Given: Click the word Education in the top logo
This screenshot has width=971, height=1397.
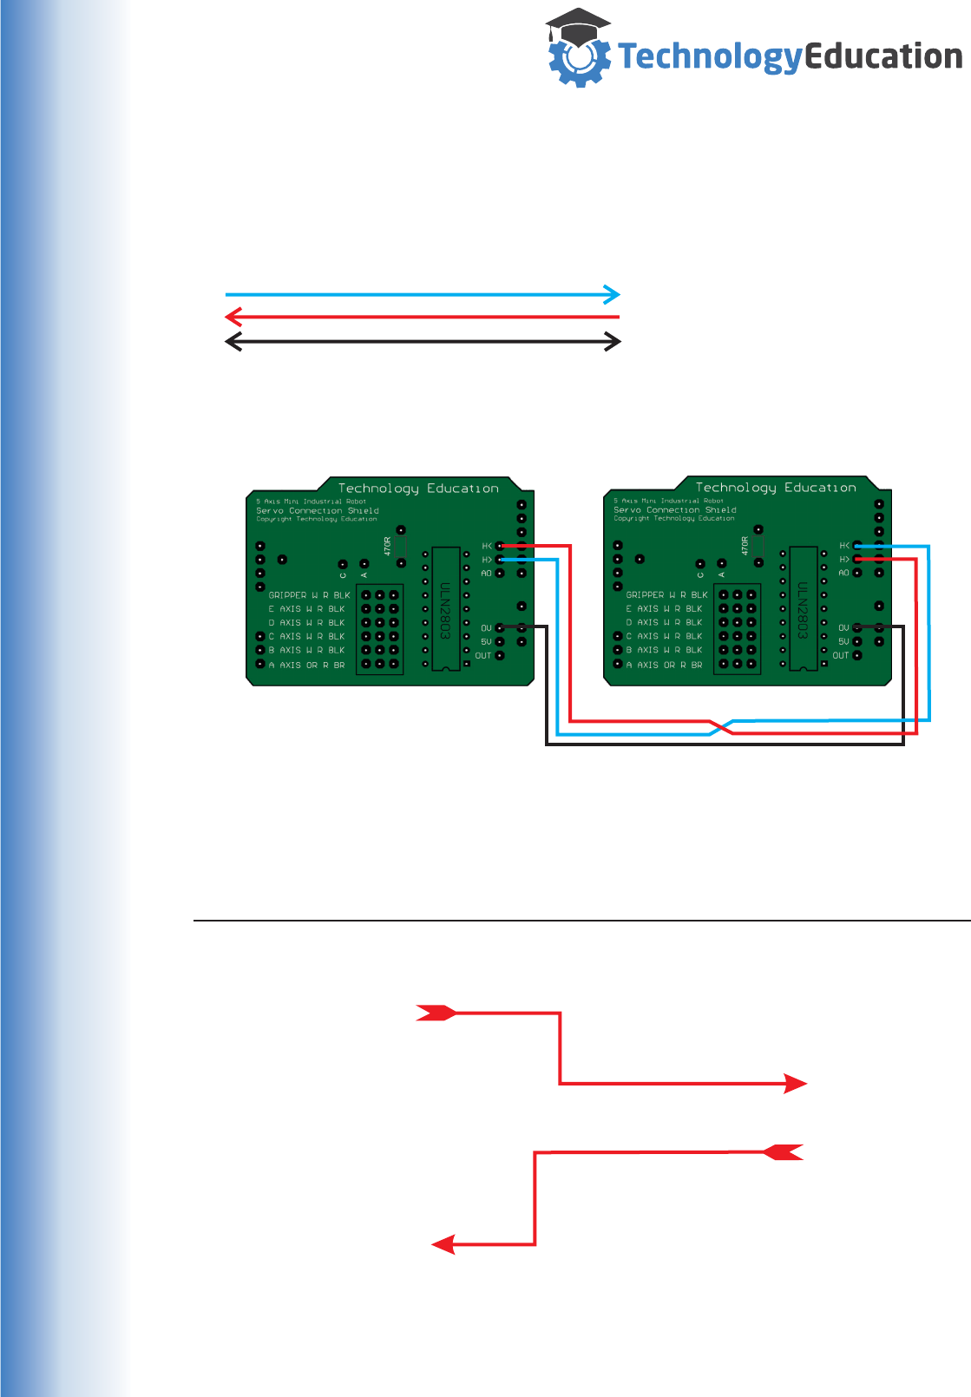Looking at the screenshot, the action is (x=883, y=56).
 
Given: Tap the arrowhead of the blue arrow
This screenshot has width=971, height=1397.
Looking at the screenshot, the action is (x=613, y=294).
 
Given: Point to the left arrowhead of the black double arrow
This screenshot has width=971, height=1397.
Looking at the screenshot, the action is (x=233, y=342).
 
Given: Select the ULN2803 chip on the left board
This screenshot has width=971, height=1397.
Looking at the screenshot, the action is (x=446, y=607).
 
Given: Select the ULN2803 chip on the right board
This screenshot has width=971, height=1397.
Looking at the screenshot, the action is (x=804, y=607).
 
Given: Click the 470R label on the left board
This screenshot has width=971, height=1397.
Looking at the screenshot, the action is (x=388, y=546).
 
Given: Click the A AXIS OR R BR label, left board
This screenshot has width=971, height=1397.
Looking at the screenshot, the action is (x=306, y=666).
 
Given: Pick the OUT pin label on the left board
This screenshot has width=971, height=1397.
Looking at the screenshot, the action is (x=482, y=656).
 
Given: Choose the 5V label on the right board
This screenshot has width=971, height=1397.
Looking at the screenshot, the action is (x=843, y=642).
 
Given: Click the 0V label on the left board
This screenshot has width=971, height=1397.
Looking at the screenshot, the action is (x=486, y=628).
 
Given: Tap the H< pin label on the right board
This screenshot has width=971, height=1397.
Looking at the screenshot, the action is (x=844, y=546).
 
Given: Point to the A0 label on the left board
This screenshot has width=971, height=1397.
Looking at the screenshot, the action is (x=486, y=574).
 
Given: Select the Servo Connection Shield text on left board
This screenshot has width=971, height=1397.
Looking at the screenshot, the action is (x=318, y=511).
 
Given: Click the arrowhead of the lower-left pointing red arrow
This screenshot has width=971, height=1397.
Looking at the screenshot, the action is (x=443, y=1245).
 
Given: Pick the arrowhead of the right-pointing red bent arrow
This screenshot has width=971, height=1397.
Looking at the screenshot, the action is (x=796, y=1084).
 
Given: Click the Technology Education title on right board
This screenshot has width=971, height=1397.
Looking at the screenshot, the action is (x=776, y=488).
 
